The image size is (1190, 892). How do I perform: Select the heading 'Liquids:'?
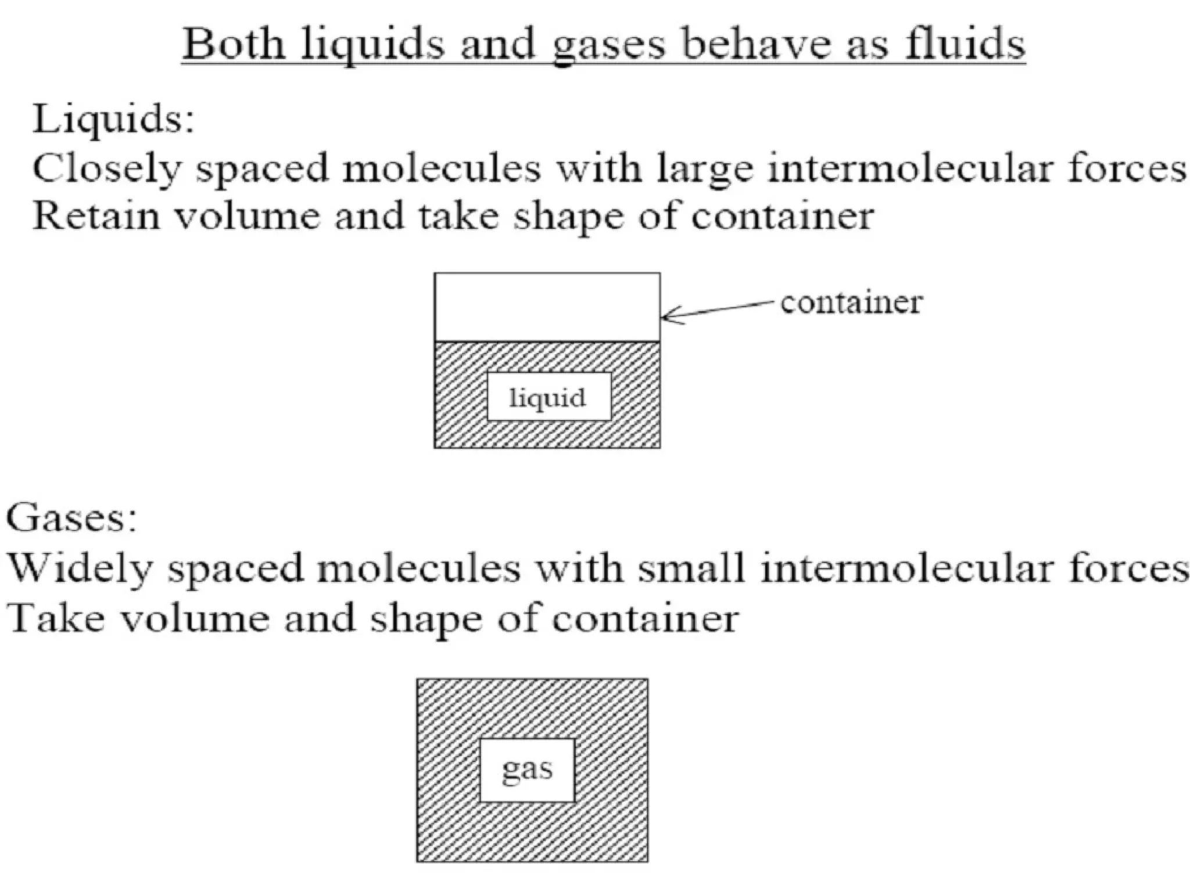pyautogui.click(x=113, y=119)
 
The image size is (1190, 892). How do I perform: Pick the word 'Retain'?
pyautogui.click(x=96, y=216)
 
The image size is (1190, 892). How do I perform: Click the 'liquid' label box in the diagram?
pyautogui.click(x=549, y=397)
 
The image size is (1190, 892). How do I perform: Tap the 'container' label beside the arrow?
pyautogui.click(x=851, y=302)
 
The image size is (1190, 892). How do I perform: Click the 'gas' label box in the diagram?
pyautogui.click(x=527, y=770)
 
